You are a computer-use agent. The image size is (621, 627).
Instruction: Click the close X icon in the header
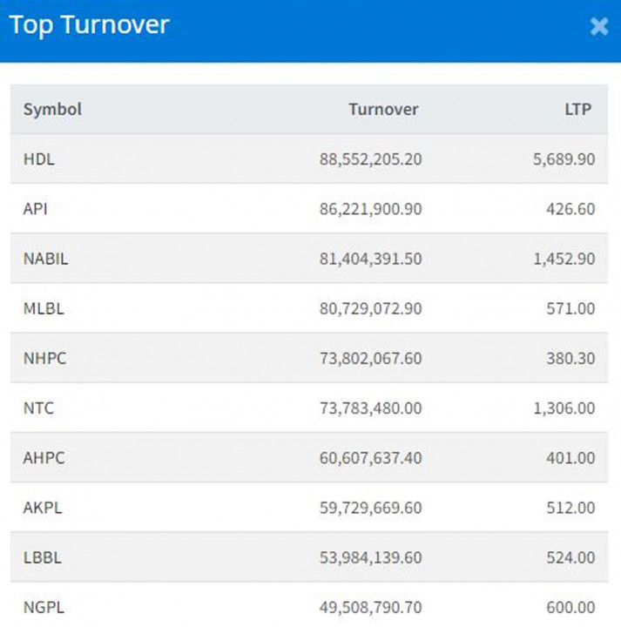pyautogui.click(x=599, y=26)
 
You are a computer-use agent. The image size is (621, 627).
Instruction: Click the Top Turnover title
pyautogui.click(x=89, y=25)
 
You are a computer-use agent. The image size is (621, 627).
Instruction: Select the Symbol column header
pyautogui.click(x=52, y=109)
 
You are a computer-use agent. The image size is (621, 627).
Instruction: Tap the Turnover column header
pyautogui.click(x=383, y=109)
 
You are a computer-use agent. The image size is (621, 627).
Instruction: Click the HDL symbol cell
pyautogui.click(x=39, y=159)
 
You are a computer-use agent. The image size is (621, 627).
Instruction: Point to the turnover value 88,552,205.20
pyautogui.click(x=370, y=159)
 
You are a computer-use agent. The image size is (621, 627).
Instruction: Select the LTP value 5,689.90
pyautogui.click(x=564, y=159)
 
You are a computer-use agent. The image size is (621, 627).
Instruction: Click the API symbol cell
pyautogui.click(x=37, y=209)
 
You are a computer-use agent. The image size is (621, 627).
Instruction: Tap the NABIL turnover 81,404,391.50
pyautogui.click(x=370, y=259)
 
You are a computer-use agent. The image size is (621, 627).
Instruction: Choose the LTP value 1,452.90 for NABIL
pyautogui.click(x=564, y=259)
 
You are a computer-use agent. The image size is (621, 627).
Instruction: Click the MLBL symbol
pyautogui.click(x=44, y=308)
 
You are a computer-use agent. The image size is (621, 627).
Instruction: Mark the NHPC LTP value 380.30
pyautogui.click(x=573, y=358)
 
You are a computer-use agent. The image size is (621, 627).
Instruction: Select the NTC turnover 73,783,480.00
pyautogui.click(x=370, y=408)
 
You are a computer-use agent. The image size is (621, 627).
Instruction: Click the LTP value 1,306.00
pyautogui.click(x=564, y=408)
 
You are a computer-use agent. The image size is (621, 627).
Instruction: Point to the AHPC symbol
pyautogui.click(x=44, y=457)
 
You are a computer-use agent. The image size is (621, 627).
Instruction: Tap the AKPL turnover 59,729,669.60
pyautogui.click(x=370, y=507)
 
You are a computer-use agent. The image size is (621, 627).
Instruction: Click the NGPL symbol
pyautogui.click(x=44, y=607)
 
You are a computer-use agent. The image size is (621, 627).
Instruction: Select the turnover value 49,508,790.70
pyautogui.click(x=370, y=607)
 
